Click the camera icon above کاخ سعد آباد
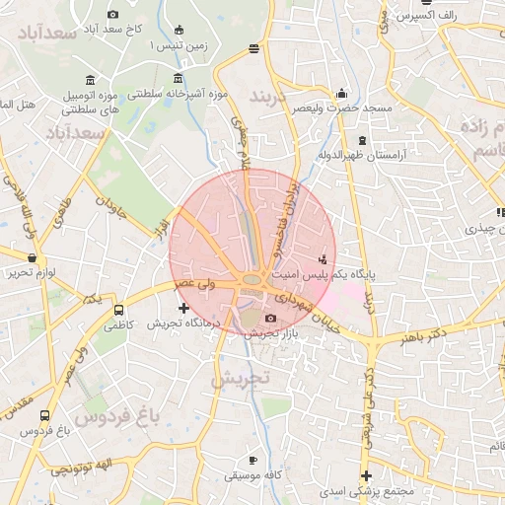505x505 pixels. pos(112,14)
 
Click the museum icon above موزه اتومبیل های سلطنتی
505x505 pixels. pos(90,79)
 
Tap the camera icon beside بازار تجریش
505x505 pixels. pos(271,318)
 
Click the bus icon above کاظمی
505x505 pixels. pos(119,311)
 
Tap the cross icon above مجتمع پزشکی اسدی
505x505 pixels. pos(366,476)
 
